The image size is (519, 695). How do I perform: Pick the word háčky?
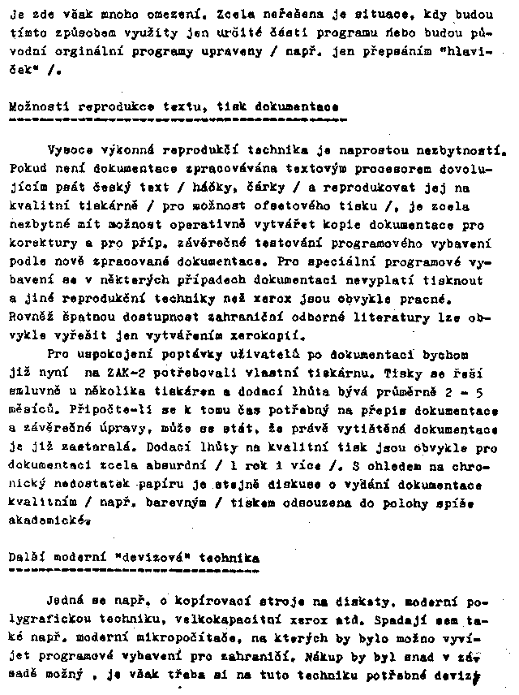click(214, 188)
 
